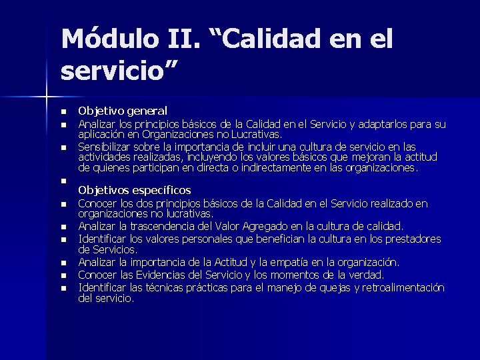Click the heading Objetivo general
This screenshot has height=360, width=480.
123,111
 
